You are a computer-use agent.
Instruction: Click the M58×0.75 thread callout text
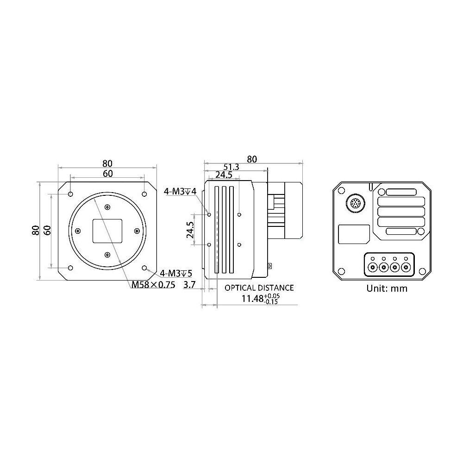(x=153, y=285)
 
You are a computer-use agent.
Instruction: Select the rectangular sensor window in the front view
(x=107, y=231)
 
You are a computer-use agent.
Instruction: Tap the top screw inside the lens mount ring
(x=107, y=207)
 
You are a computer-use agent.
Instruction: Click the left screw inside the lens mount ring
(x=78, y=231)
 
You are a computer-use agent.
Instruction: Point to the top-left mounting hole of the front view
(x=70, y=194)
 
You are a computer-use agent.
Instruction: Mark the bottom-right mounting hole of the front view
(x=145, y=268)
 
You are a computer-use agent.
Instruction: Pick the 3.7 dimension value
(x=189, y=285)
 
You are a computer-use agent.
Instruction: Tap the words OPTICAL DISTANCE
(x=259, y=288)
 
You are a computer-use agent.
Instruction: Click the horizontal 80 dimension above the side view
(x=251, y=159)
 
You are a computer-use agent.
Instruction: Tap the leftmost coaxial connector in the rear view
(x=373, y=267)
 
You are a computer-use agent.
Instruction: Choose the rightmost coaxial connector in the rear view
(x=406, y=267)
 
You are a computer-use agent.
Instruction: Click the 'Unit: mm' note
(x=387, y=288)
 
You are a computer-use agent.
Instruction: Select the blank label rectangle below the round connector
(x=354, y=234)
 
